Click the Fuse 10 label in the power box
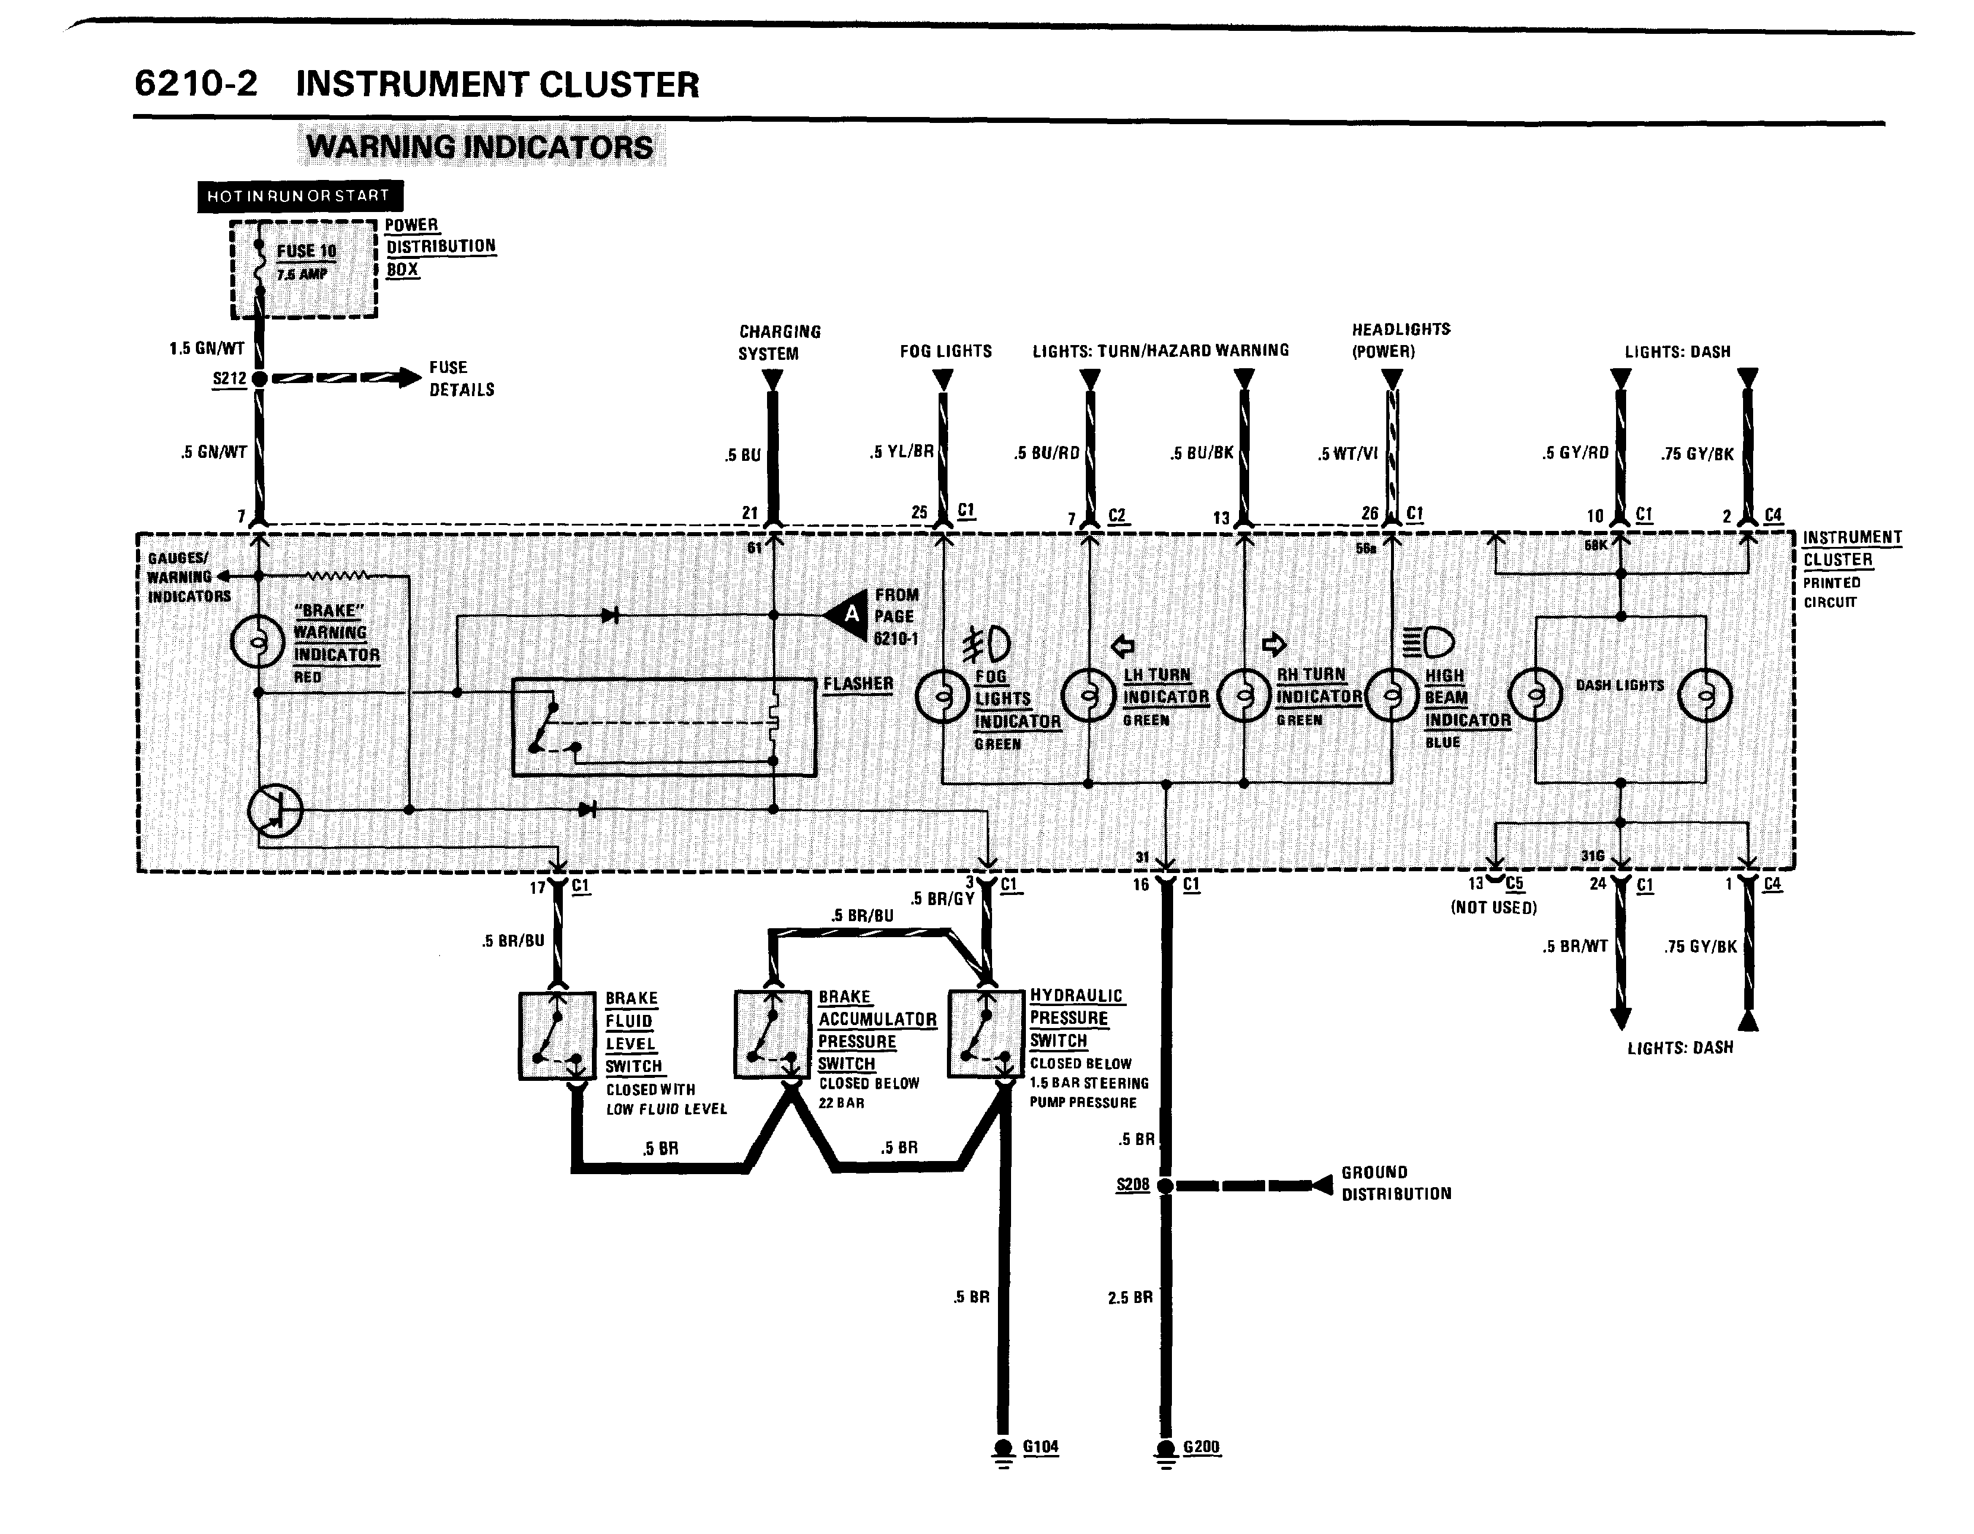(306, 251)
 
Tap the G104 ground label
(1040, 1446)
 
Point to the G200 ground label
(1201, 1446)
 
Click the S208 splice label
(1133, 1184)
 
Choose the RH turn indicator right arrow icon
(1273, 644)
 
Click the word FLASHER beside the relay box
(858, 684)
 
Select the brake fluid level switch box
(557, 1036)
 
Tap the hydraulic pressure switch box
(986, 1035)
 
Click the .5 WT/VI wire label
(1348, 454)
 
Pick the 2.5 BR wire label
(1130, 1297)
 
